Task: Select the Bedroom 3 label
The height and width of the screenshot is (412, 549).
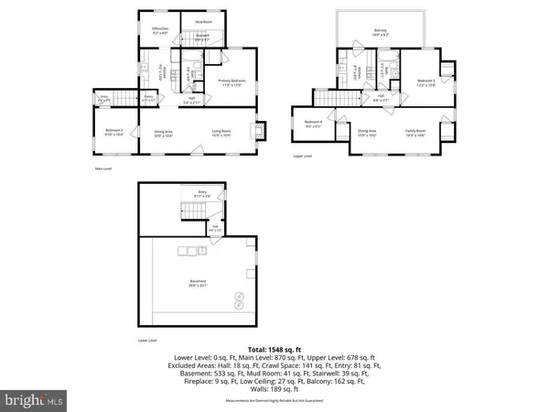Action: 426,81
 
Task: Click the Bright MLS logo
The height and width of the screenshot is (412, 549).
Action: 34,400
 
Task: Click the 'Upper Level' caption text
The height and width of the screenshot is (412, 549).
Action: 303,157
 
